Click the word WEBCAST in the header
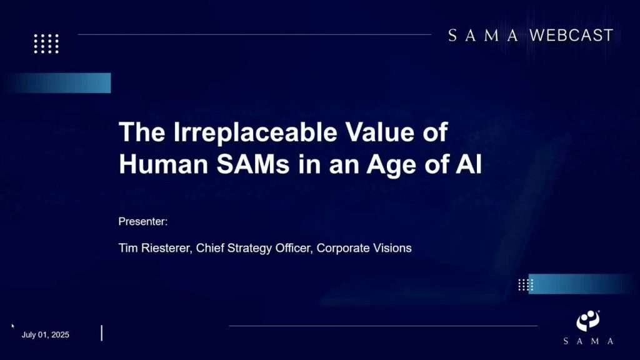click(571, 36)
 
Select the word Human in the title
click(164, 164)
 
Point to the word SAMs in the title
click(253, 164)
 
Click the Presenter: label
click(143, 222)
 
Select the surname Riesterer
click(166, 248)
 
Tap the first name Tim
click(128, 248)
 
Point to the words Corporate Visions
click(364, 248)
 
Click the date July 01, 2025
click(45, 335)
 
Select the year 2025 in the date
click(61, 335)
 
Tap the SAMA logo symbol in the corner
click(588, 321)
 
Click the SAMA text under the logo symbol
click(588, 341)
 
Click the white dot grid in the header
click(46, 44)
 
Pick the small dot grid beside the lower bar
click(526, 284)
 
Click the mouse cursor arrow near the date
click(12, 326)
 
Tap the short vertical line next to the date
click(102, 333)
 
